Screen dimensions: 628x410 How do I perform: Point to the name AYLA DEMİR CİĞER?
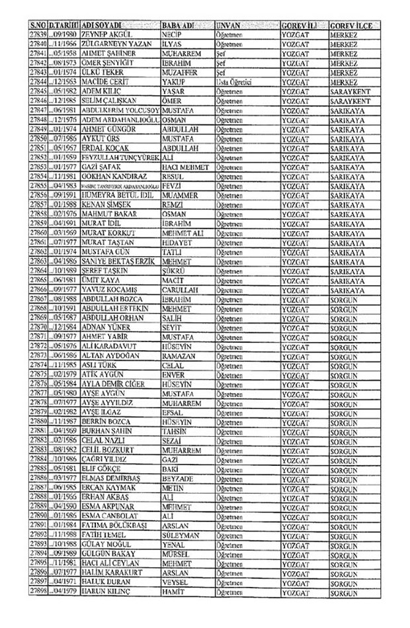click(x=112, y=383)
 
